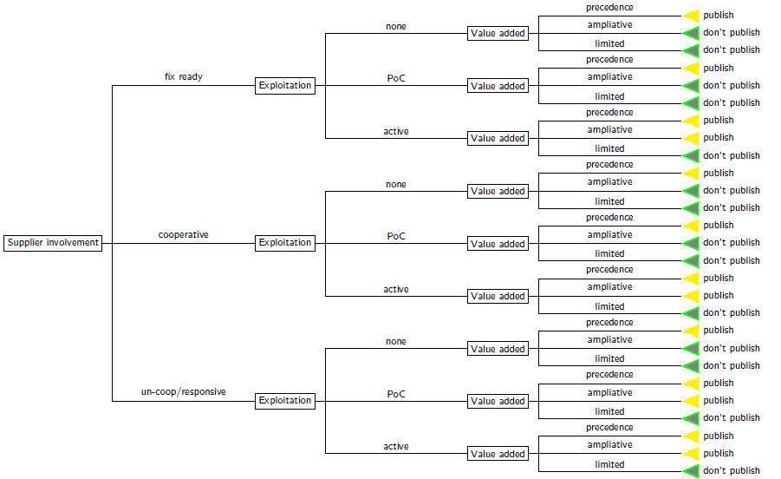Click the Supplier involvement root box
[x=53, y=243]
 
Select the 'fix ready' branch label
[x=183, y=76]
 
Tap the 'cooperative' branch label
[x=183, y=235]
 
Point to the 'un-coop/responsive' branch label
[x=183, y=391]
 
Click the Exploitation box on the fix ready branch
[x=285, y=85]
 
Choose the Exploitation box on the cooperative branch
[x=285, y=243]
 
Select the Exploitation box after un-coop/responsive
[x=285, y=401]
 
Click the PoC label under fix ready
[x=396, y=78]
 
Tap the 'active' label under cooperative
[x=396, y=289]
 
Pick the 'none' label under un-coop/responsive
[x=396, y=341]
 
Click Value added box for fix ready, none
[x=498, y=33]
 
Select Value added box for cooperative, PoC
[x=498, y=244]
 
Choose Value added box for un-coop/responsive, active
[x=498, y=454]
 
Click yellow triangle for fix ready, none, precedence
[x=693, y=16]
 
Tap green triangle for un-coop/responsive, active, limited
[x=693, y=471]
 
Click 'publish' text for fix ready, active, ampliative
[x=719, y=138]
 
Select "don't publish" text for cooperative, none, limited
[x=732, y=207]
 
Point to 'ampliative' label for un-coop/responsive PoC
[x=609, y=393]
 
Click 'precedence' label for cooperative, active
[x=609, y=270]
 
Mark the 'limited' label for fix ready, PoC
[x=609, y=96]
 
